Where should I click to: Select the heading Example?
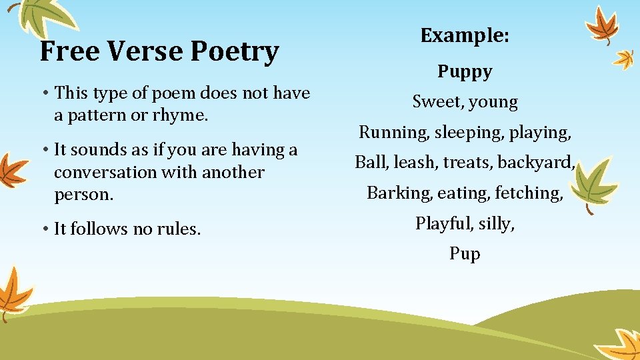click(x=465, y=35)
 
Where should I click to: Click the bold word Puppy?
click(x=465, y=71)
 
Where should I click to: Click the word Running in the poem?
click(x=394, y=132)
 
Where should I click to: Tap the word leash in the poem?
click(x=411, y=162)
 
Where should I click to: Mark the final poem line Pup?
click(x=465, y=254)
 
